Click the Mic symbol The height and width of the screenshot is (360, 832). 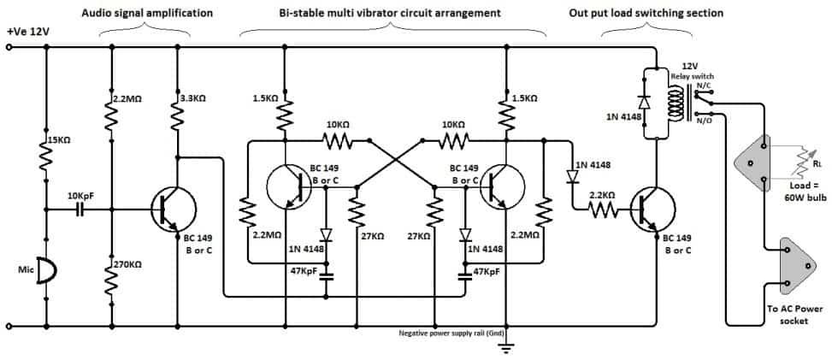[x=49, y=272]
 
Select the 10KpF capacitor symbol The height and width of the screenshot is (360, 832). [x=82, y=208]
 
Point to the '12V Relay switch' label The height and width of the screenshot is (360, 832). [x=690, y=71]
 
